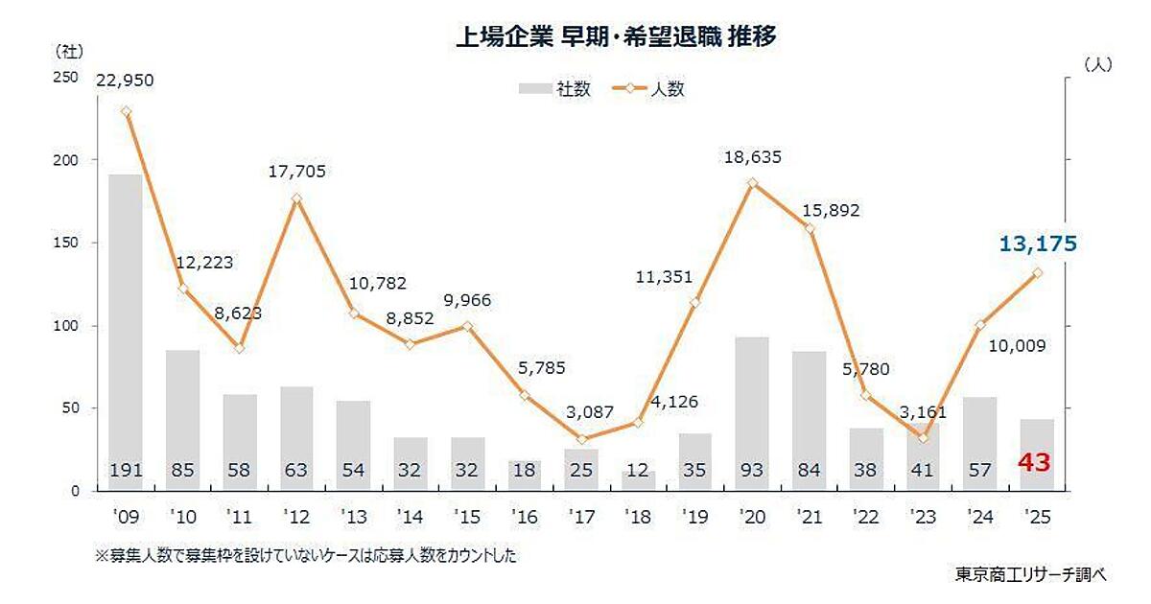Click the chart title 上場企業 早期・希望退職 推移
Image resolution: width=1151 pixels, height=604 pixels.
[615, 37]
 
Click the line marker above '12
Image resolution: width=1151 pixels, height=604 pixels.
[296, 198]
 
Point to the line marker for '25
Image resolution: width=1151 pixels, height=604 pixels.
[1037, 273]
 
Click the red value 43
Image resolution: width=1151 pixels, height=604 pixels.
[1036, 463]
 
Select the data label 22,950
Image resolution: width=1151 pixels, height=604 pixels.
[125, 79]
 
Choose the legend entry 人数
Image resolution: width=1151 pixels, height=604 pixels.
[652, 89]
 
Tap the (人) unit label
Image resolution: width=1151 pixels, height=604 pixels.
[1096, 65]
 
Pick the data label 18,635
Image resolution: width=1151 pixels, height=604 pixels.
[753, 153]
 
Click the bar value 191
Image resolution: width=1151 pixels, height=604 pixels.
[125, 470]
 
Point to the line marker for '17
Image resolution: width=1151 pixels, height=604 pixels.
[581, 439]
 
